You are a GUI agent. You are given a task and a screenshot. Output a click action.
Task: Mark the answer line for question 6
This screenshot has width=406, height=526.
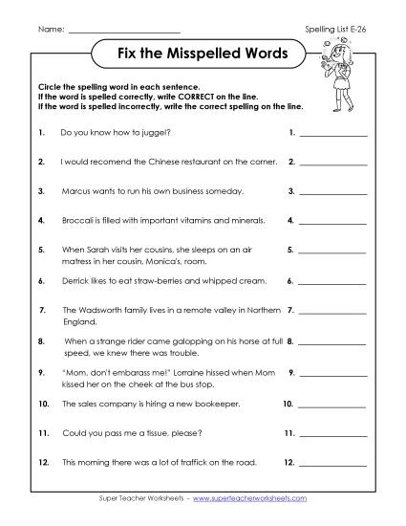[x=333, y=283]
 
